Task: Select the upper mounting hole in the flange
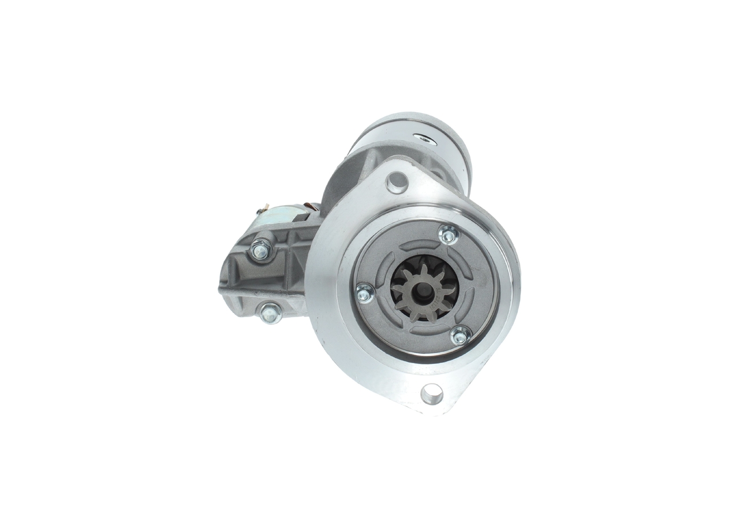(397, 183)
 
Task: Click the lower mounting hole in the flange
(432, 395)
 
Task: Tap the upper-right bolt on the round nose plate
(448, 235)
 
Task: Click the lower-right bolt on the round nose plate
(460, 334)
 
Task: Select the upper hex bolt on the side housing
(262, 250)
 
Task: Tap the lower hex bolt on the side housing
(269, 313)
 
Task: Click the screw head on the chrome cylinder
(426, 139)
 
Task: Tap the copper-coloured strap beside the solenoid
(312, 207)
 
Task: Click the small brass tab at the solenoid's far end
(267, 206)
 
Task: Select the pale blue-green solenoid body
(283, 217)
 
